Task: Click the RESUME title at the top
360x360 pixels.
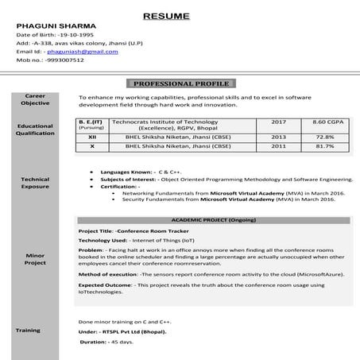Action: tap(180, 15)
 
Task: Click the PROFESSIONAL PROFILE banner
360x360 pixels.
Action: tap(180, 83)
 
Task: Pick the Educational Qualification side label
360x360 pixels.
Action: tap(35, 130)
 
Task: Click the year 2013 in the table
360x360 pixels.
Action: tap(278, 137)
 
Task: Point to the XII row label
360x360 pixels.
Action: tap(92, 137)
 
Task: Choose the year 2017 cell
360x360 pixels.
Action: tap(278, 122)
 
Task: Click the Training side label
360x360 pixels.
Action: tap(29, 328)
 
